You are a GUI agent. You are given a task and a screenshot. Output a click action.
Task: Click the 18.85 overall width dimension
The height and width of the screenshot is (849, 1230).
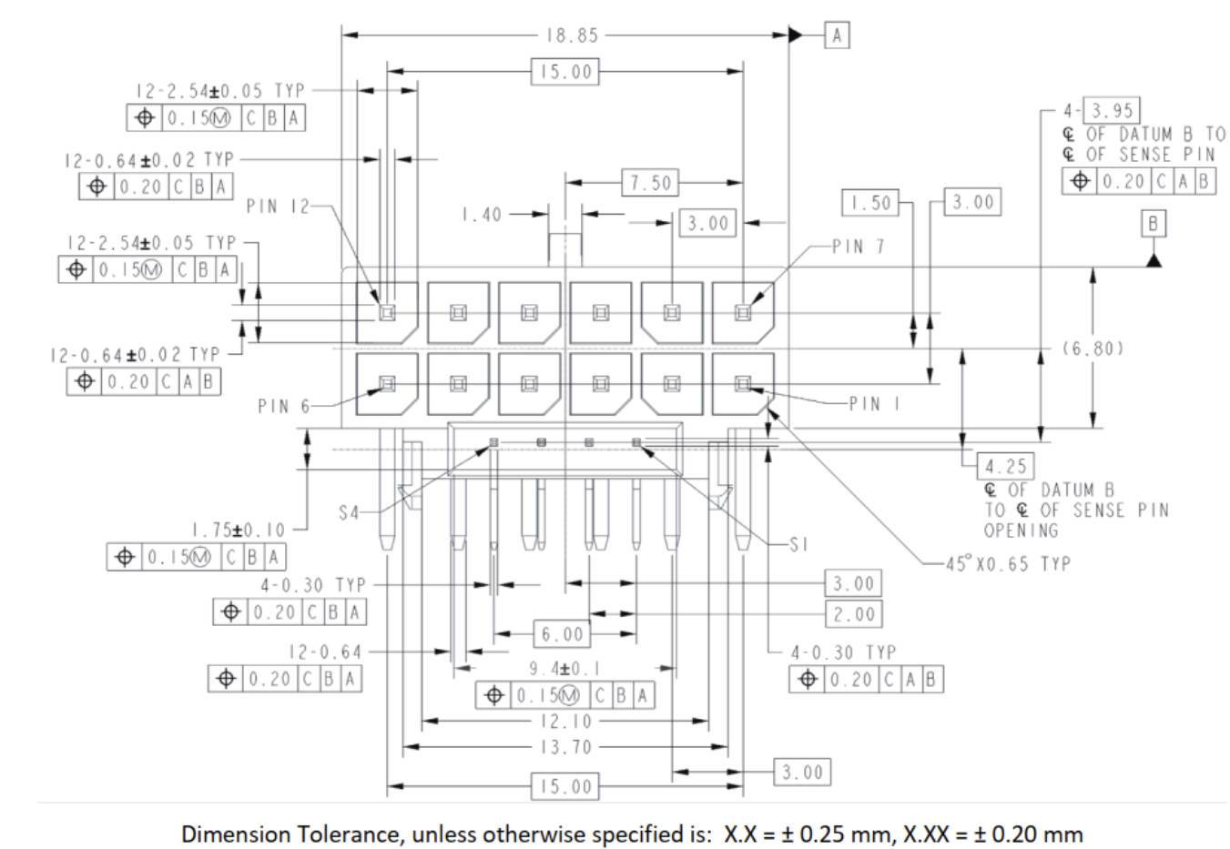(573, 35)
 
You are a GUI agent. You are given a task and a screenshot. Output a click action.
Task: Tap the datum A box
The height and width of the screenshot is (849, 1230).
(837, 35)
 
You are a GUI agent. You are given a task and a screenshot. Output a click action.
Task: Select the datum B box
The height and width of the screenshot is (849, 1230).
(1154, 224)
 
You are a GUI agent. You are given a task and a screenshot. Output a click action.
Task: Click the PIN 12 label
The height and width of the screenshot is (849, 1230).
(278, 207)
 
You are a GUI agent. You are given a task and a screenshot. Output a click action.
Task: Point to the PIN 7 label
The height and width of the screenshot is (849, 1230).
(858, 247)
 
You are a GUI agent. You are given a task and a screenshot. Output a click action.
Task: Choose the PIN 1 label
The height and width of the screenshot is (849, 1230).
(874, 403)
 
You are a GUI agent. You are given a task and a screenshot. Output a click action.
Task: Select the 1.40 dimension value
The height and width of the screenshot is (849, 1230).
(481, 215)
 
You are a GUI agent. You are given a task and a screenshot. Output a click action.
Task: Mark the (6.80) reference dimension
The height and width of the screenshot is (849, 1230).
(1093, 348)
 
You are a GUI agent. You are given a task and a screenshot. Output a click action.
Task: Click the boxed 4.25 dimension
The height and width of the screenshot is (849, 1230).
(1005, 467)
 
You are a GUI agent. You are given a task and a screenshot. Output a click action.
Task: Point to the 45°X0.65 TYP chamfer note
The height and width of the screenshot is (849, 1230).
(1007, 563)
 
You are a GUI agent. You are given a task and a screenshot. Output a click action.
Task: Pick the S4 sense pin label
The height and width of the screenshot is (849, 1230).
(350, 513)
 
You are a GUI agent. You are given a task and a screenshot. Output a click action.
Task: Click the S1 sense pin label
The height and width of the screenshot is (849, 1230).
(798, 544)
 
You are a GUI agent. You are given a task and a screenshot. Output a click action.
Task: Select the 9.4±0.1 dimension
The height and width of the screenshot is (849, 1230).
(564, 669)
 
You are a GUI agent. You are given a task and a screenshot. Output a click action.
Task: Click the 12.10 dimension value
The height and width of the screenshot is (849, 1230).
(565, 722)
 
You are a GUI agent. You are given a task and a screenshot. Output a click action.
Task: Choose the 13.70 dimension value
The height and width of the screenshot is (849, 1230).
(565, 747)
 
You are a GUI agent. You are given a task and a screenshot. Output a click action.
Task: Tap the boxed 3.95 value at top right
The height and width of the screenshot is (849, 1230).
(1112, 110)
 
